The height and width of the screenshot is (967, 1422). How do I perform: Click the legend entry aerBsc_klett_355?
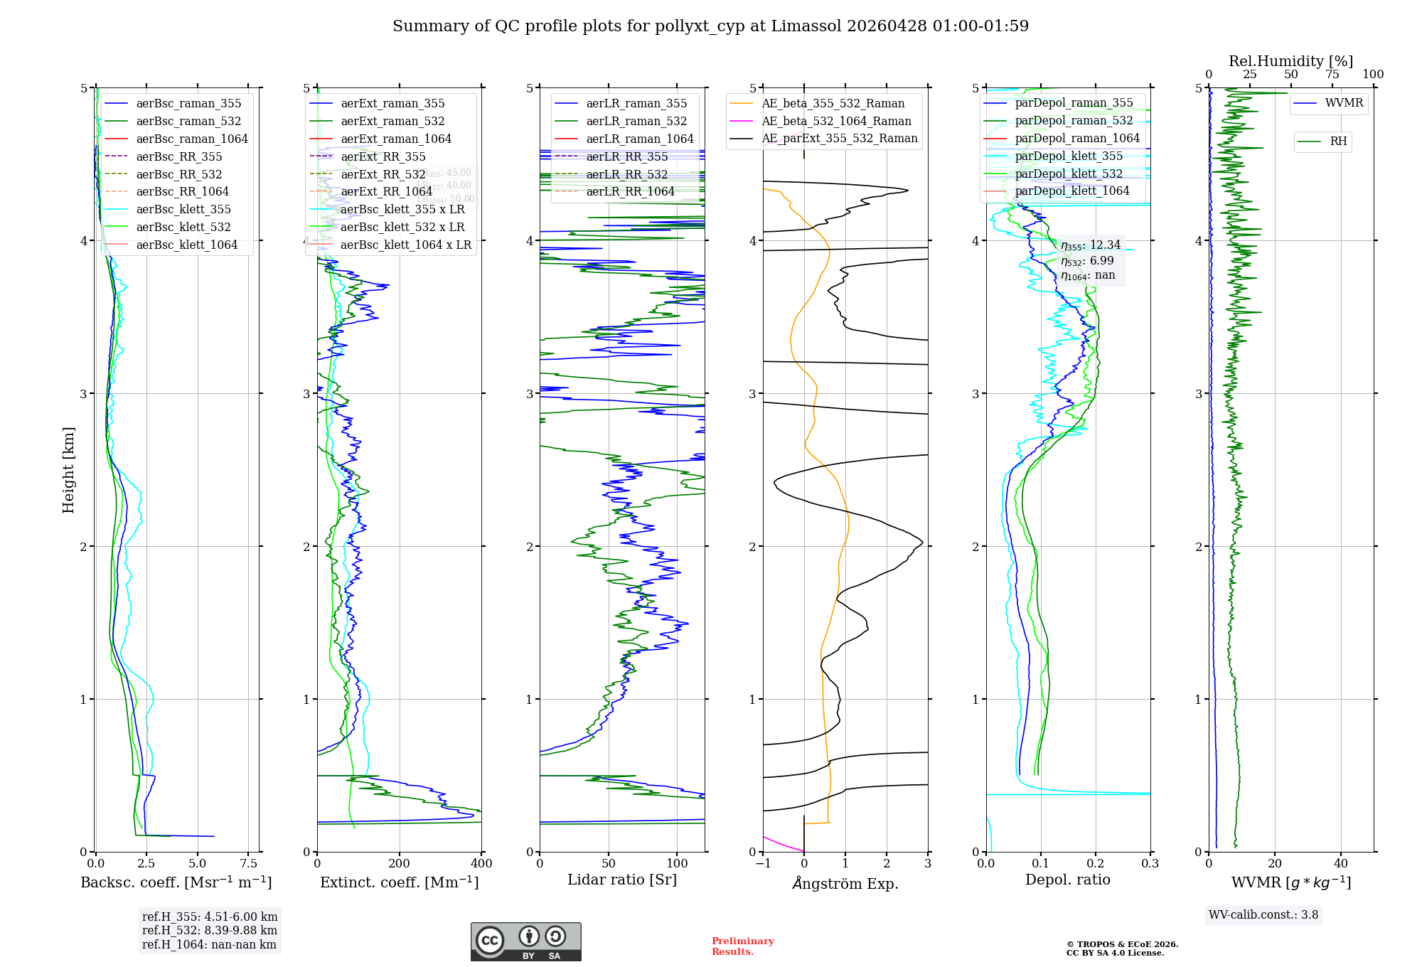[x=183, y=209]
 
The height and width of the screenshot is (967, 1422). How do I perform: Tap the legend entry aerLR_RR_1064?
[x=630, y=191]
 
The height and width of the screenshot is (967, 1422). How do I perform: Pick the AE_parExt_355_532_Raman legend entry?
[x=839, y=138]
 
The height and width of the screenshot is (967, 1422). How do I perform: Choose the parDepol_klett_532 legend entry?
[x=1068, y=173]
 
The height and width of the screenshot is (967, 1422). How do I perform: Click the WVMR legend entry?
[x=1344, y=103]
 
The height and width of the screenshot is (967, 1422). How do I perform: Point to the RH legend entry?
[x=1338, y=141]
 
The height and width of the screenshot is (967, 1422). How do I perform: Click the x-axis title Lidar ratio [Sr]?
[x=622, y=880]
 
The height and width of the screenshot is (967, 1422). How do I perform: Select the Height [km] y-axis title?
[x=68, y=470]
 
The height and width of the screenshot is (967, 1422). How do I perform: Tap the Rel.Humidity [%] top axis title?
[x=1290, y=61]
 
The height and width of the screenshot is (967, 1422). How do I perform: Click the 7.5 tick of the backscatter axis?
[x=248, y=864]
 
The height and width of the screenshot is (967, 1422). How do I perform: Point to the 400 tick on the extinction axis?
[x=481, y=864]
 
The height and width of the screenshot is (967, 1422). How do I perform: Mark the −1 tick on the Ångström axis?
[x=763, y=864]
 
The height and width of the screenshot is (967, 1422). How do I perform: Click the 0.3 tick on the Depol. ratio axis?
[x=1150, y=864]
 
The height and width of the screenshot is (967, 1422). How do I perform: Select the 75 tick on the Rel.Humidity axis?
[x=1332, y=75]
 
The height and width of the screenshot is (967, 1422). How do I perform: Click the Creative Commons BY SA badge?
[x=525, y=942]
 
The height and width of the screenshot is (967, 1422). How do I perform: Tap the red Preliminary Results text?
[x=742, y=946]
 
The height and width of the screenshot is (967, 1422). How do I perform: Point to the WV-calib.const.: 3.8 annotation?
[x=1263, y=915]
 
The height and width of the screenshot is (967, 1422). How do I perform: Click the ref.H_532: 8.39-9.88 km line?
[x=209, y=931]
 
